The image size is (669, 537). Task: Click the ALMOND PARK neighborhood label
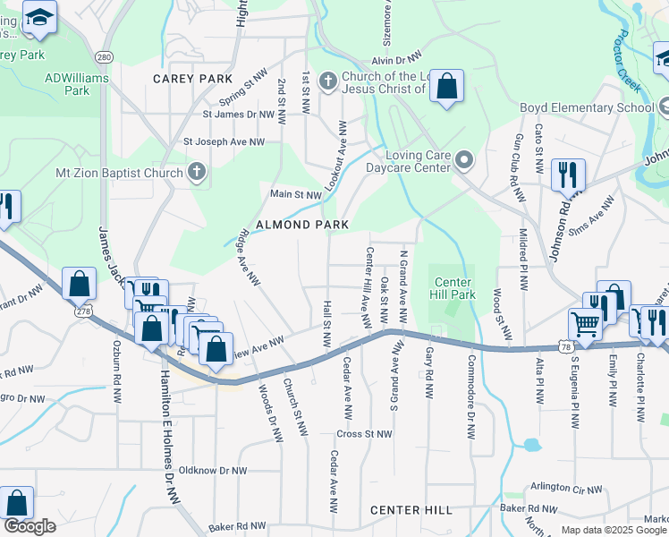[301, 225]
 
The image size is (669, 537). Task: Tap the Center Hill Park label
[453, 287]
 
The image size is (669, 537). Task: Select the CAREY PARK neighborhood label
[192, 79]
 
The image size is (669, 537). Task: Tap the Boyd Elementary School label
[587, 108]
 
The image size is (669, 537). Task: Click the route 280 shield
[105, 57]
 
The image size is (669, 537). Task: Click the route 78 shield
[564, 345]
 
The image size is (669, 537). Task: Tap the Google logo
[30, 526]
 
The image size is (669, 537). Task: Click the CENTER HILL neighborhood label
[411, 510]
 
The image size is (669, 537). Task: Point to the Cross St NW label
[364, 434]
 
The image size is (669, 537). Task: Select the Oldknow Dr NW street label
[212, 470]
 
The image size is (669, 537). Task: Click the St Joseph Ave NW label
[224, 141]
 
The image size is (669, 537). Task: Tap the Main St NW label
[296, 194]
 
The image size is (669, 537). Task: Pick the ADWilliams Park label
[77, 84]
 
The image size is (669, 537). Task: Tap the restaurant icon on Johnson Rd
[568, 175]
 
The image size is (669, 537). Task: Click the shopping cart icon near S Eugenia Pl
[585, 323]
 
